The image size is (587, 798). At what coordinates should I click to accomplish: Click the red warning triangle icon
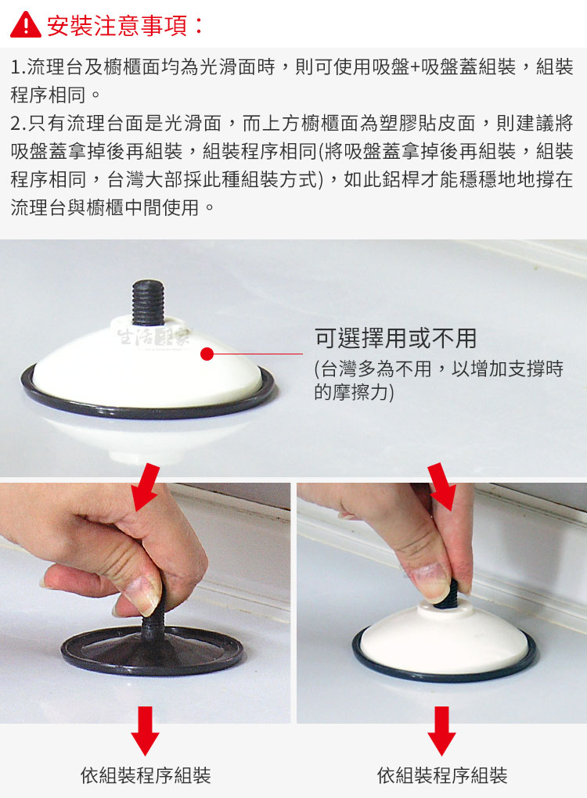(x=26, y=25)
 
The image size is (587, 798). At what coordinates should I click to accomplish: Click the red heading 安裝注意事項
(x=117, y=26)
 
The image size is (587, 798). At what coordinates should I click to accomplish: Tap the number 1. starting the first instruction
(x=18, y=66)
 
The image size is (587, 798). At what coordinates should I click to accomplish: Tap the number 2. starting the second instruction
(x=18, y=123)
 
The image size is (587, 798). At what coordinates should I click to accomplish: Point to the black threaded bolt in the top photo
(x=148, y=302)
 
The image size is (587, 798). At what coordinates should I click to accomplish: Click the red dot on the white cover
(x=207, y=354)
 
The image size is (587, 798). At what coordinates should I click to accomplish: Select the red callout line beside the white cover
(x=257, y=354)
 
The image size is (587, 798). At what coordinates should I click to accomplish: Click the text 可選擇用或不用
(x=395, y=339)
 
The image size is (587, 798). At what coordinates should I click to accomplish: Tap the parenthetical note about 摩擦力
(x=438, y=380)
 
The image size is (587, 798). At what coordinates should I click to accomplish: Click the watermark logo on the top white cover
(x=153, y=337)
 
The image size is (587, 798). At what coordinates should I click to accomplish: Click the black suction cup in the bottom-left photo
(x=152, y=649)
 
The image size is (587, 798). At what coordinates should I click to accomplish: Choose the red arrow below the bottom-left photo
(x=145, y=730)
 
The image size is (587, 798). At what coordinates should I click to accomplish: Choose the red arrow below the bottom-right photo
(x=442, y=730)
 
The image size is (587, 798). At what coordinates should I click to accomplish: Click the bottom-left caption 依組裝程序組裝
(x=146, y=775)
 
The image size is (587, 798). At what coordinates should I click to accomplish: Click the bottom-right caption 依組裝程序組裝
(x=442, y=775)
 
